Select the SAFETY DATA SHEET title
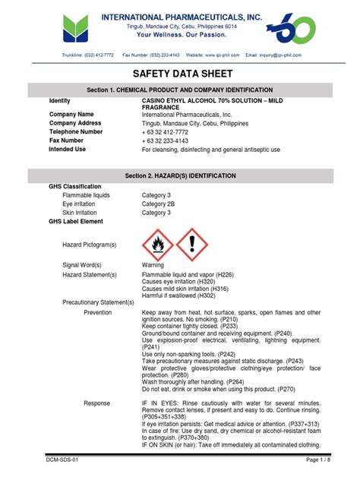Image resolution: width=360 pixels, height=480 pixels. tap(179, 74)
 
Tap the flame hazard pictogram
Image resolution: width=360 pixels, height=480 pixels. tap(158, 244)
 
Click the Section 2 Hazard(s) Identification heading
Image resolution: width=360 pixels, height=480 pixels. tap(179, 175)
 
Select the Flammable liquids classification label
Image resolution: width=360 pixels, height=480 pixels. tap(86, 195)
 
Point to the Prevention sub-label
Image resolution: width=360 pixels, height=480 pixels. tap(98, 312)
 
